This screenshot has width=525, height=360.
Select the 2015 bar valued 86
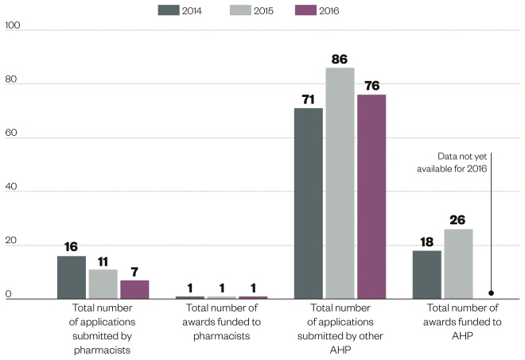pyautogui.click(x=340, y=184)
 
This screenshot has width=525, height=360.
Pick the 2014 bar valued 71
pyautogui.click(x=309, y=203)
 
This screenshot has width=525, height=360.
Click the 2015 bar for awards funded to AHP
pyautogui.click(x=458, y=264)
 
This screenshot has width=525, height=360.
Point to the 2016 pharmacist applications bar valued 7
pyautogui.click(x=134, y=289)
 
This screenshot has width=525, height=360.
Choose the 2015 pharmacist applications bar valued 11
pyautogui.click(x=103, y=284)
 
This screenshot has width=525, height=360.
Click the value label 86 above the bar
pyautogui.click(x=340, y=60)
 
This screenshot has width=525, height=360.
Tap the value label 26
pyautogui.click(x=458, y=220)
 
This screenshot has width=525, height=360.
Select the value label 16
pyautogui.click(x=71, y=247)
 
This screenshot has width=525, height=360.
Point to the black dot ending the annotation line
pyautogui.click(x=492, y=292)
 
